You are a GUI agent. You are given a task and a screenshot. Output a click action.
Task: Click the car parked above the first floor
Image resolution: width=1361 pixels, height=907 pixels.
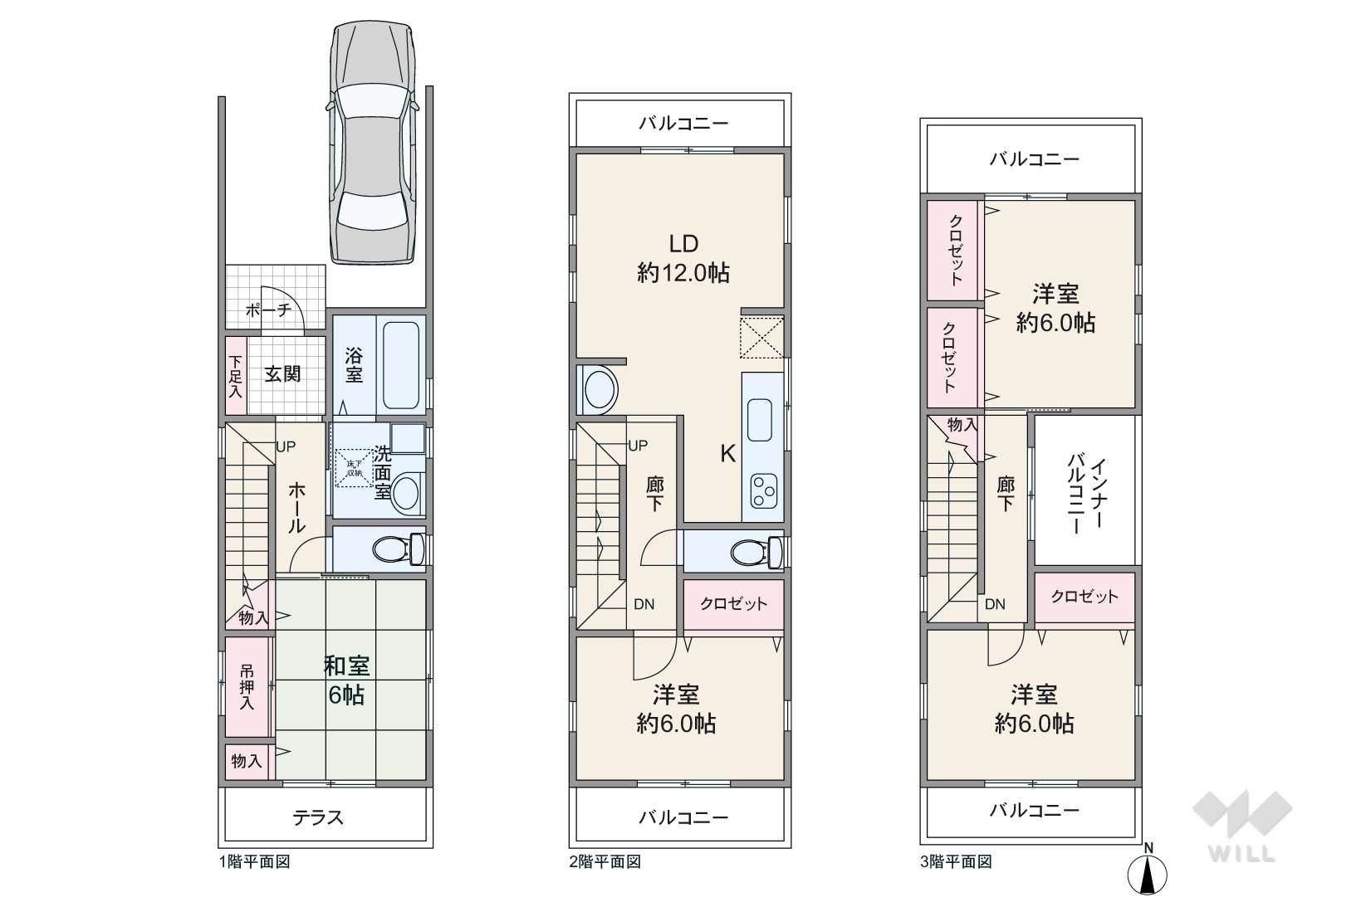[x=372, y=143]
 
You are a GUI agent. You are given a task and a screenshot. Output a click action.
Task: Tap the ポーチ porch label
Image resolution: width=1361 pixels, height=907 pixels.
[x=268, y=311]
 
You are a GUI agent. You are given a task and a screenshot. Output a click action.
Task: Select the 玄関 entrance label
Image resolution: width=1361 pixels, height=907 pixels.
[x=282, y=374]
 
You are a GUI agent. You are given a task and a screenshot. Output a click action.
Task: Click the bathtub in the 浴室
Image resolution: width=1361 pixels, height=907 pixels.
[x=401, y=365]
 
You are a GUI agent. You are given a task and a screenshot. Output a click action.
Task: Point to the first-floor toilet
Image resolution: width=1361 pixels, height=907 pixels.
[x=398, y=549]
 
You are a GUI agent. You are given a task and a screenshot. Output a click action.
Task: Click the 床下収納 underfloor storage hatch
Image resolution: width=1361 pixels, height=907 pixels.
[x=355, y=468]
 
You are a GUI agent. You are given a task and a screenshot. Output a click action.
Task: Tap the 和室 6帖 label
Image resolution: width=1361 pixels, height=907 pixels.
[x=346, y=680]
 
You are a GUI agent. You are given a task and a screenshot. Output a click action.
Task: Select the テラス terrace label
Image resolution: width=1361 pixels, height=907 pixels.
[x=318, y=817]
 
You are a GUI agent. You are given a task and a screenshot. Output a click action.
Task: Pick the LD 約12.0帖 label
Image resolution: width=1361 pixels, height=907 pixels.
[x=683, y=259]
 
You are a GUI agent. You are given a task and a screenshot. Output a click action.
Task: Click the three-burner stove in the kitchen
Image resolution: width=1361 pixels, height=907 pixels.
[x=764, y=490]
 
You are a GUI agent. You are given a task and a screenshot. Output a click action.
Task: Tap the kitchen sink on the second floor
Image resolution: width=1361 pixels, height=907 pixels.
[x=760, y=420]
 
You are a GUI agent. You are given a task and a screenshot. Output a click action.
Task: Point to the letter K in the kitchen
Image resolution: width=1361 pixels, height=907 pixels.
[x=728, y=453]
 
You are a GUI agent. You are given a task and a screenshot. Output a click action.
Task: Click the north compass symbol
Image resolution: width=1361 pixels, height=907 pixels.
[x=1147, y=870]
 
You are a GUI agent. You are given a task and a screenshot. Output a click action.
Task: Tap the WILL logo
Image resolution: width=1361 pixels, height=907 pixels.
[x=1242, y=826]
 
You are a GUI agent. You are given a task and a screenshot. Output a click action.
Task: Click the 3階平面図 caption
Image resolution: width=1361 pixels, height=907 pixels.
[x=956, y=862]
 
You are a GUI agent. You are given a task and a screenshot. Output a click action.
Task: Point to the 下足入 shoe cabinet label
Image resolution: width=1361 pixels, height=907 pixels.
[x=235, y=377]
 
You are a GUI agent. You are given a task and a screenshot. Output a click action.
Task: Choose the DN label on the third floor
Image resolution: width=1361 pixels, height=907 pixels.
[x=996, y=604]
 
